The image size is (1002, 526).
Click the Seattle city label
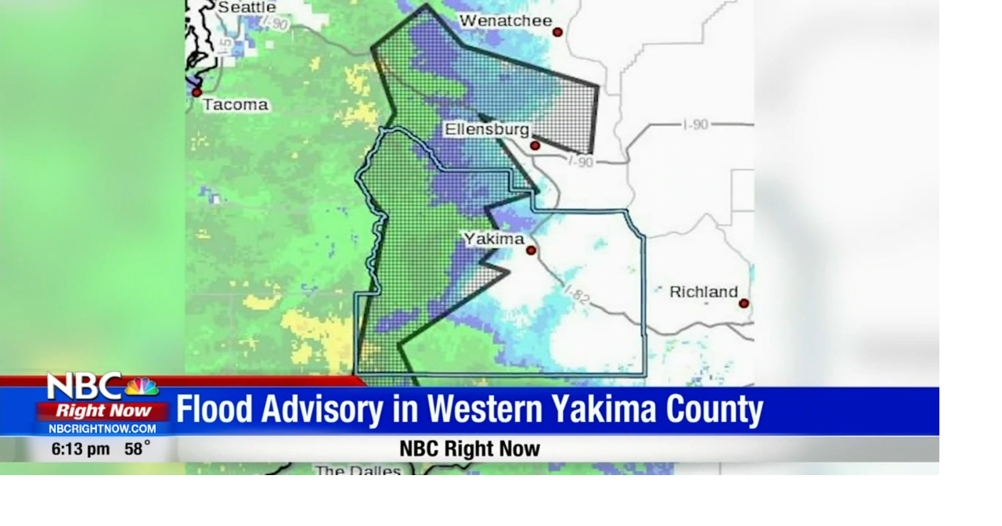[246, 7]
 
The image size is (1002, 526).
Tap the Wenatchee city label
[505, 21]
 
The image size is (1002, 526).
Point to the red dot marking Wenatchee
[557, 32]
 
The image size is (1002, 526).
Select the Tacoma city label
[235, 105]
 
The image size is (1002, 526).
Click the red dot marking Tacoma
[196, 92]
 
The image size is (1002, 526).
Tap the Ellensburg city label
[487, 129]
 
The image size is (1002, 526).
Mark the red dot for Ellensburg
[535, 146]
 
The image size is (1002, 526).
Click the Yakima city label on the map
[494, 239]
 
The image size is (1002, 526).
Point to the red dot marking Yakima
[531, 250]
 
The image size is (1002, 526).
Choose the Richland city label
[703, 292]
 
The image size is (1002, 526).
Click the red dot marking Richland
[743, 303]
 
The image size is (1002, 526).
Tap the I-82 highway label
[577, 294]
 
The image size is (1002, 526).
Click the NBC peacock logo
[141, 387]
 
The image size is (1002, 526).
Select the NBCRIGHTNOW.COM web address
[103, 429]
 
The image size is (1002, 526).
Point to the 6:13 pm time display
[81, 449]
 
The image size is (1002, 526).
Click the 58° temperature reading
[137, 449]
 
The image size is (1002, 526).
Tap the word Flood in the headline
[214, 409]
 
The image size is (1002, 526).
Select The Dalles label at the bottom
[358, 471]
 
